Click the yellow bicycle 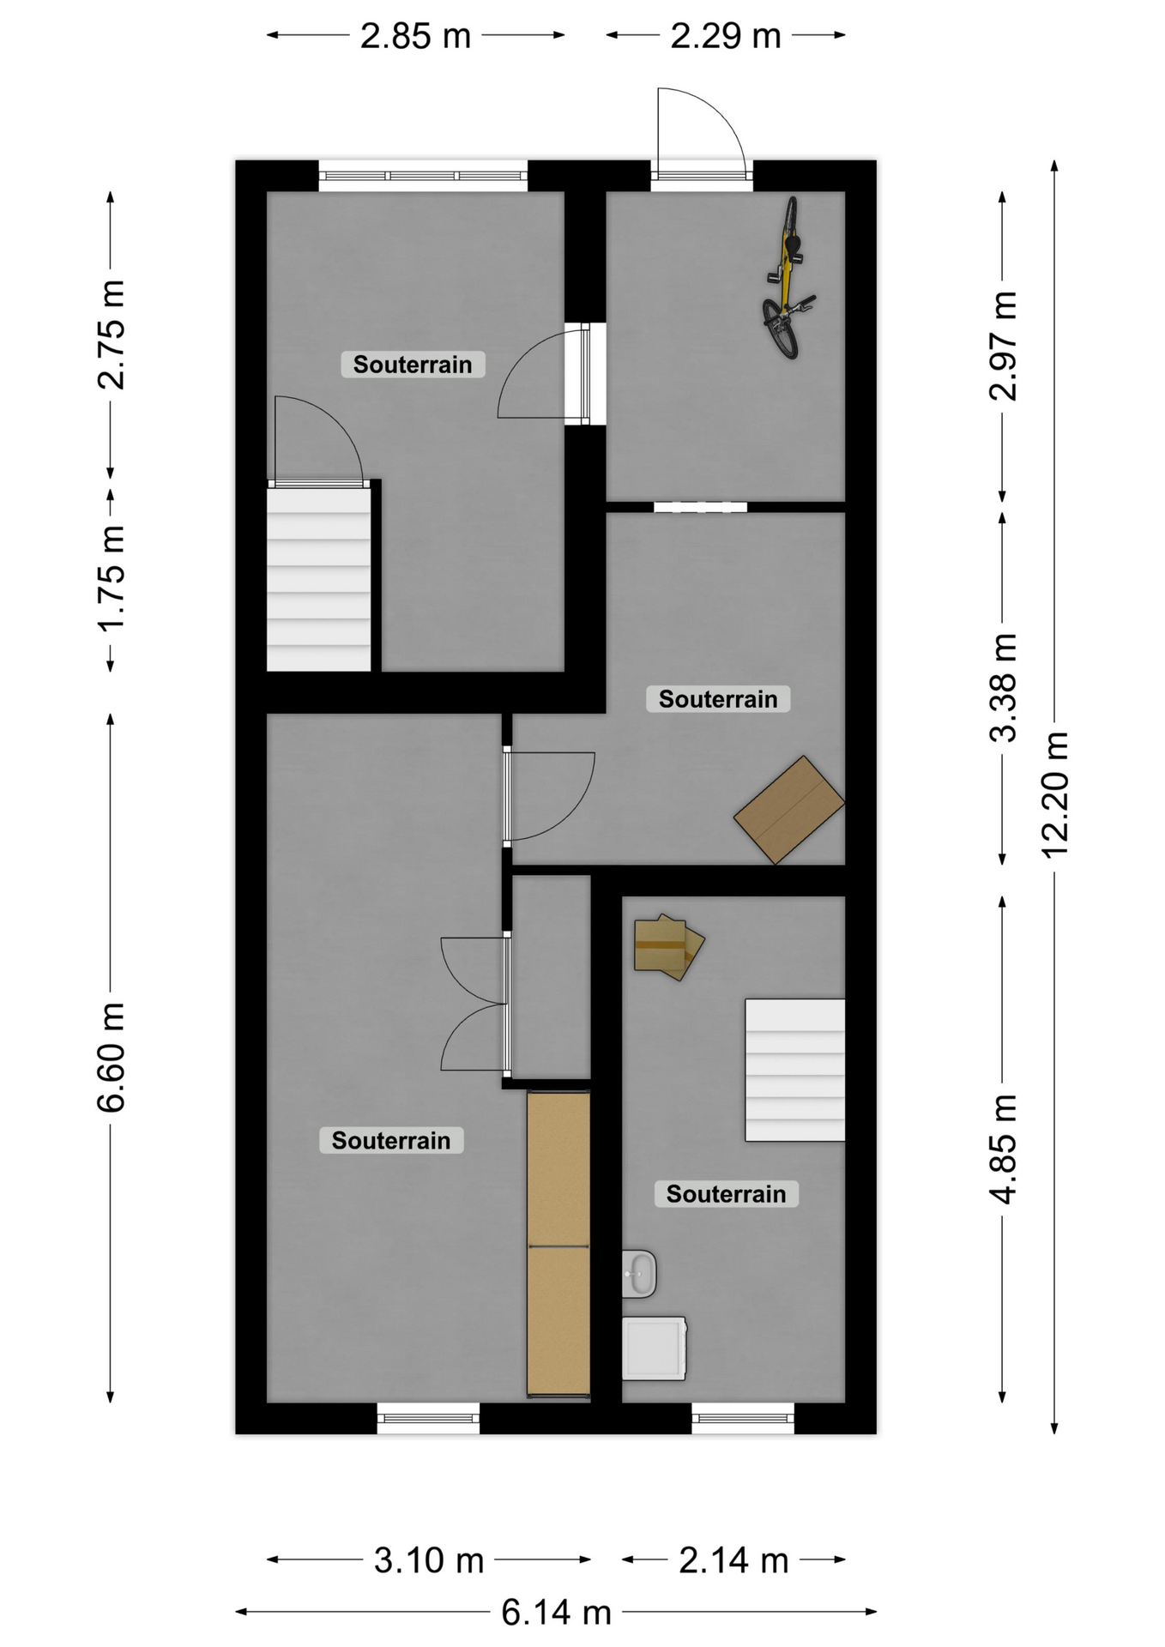[x=788, y=279]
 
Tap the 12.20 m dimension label [x=1054, y=793]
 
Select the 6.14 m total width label [x=556, y=1613]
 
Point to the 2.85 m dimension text [x=415, y=36]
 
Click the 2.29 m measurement [x=726, y=36]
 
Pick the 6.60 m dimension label [x=111, y=1057]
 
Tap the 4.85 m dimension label [x=1003, y=1149]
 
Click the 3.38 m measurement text [x=1003, y=687]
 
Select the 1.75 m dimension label [x=111, y=578]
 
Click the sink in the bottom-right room [x=639, y=1273]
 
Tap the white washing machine [x=654, y=1348]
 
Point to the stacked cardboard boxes [x=668, y=947]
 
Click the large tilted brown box [x=789, y=809]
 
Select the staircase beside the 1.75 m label [x=319, y=579]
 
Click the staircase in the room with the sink [x=794, y=1070]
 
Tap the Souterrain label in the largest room [x=391, y=1140]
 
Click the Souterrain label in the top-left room [x=413, y=364]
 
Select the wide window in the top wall [x=423, y=176]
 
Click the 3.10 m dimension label [x=429, y=1560]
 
